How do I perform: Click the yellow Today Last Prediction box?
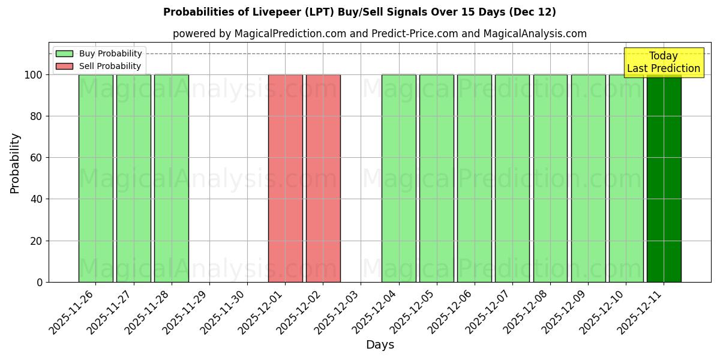664,62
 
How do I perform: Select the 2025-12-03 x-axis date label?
338,311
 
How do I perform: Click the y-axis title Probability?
15,163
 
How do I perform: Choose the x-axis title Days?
380,345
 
